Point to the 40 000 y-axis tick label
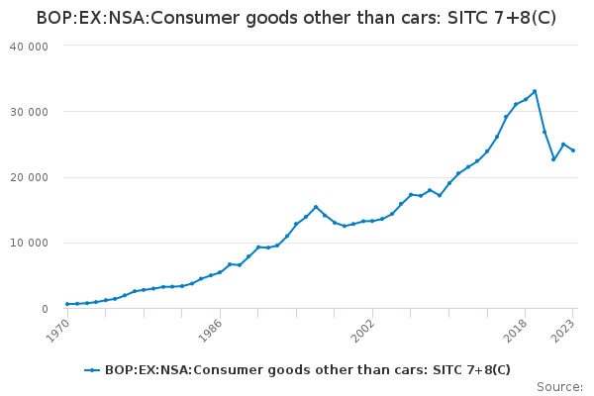(29, 47)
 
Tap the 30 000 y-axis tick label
(29, 112)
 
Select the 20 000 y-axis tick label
(29, 177)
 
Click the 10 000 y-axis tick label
(29, 243)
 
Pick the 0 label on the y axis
(46, 309)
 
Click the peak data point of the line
(535, 91)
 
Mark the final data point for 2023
(573, 150)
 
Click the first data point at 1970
(67, 304)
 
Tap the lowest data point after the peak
(553, 159)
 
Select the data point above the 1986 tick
(220, 272)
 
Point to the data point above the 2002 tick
(372, 221)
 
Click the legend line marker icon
(92, 370)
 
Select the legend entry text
(307, 370)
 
